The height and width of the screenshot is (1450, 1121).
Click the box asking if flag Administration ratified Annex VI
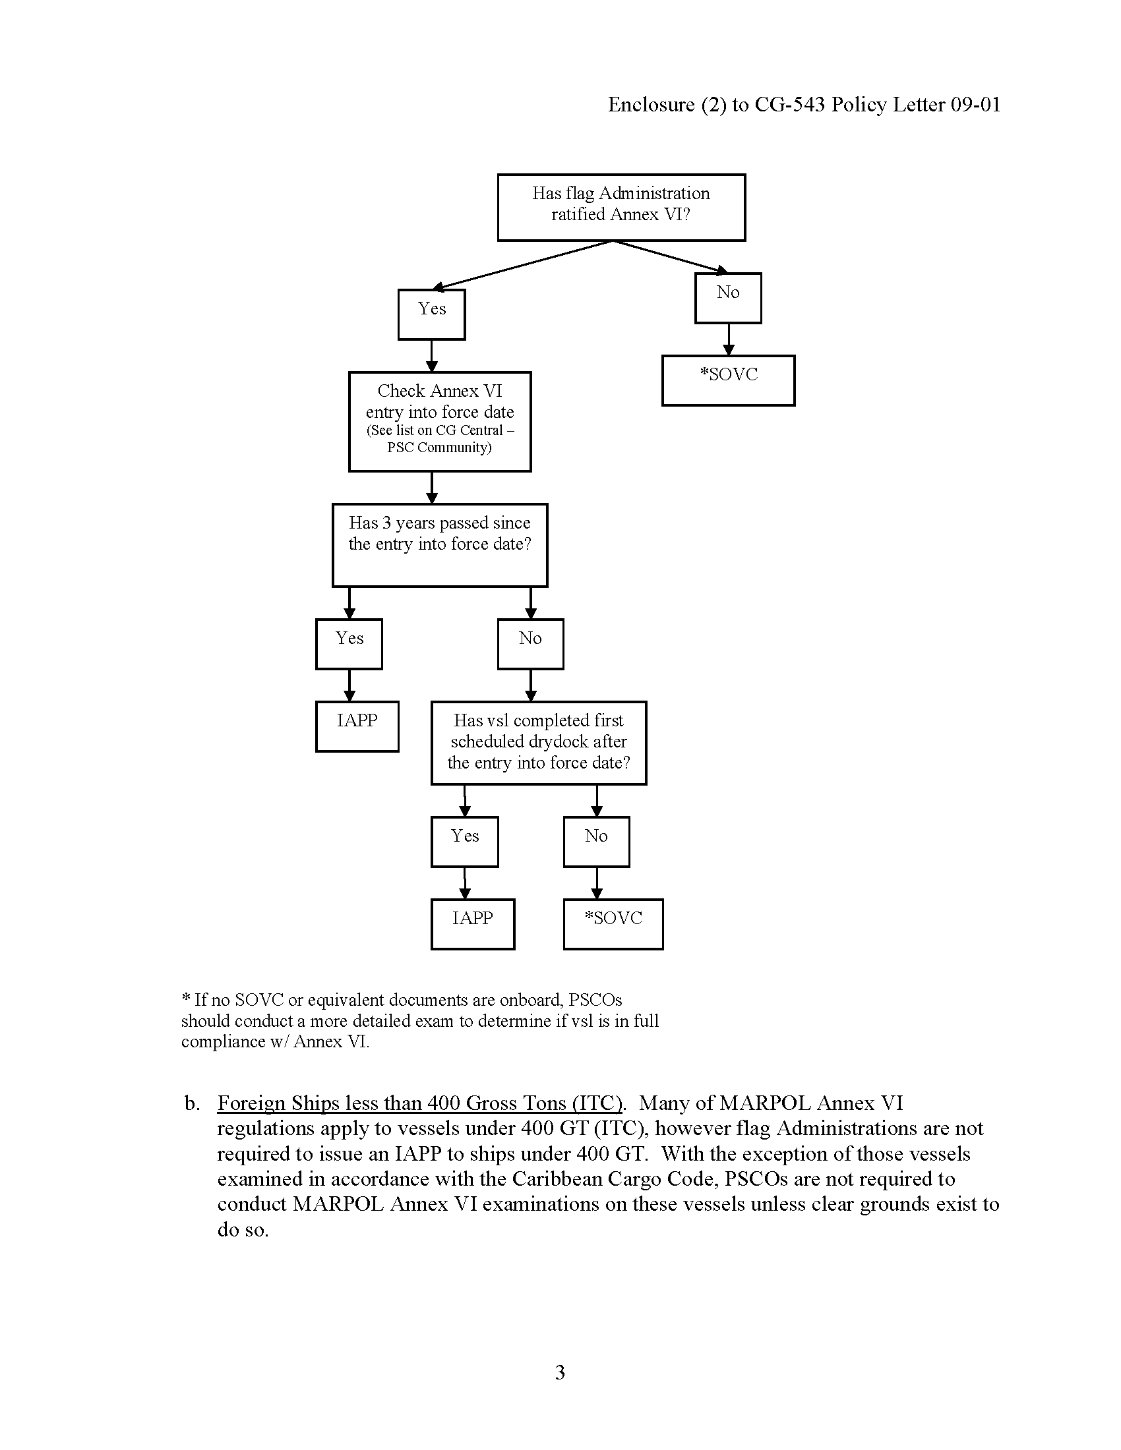point(621,206)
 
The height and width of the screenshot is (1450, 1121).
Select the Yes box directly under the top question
point(431,314)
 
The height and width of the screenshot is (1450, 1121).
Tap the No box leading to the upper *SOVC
point(728,297)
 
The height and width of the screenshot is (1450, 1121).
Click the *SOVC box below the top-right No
point(728,380)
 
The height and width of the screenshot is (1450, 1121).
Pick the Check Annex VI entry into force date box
point(440,421)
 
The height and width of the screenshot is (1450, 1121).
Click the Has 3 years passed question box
point(440,544)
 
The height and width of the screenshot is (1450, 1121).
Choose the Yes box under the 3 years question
point(349,643)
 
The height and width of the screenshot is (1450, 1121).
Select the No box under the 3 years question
point(530,643)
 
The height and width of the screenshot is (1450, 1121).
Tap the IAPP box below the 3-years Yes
point(357,726)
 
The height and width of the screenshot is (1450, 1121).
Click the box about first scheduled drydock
point(538,742)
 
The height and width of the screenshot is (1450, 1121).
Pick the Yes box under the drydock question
point(464,840)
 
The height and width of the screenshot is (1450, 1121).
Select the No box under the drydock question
point(595,840)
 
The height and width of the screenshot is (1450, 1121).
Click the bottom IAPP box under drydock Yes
point(472,923)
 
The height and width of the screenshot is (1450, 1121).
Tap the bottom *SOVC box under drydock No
point(613,923)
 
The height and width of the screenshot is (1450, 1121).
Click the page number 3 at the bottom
point(560,1372)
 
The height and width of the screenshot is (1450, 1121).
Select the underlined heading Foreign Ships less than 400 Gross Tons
point(419,1103)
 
